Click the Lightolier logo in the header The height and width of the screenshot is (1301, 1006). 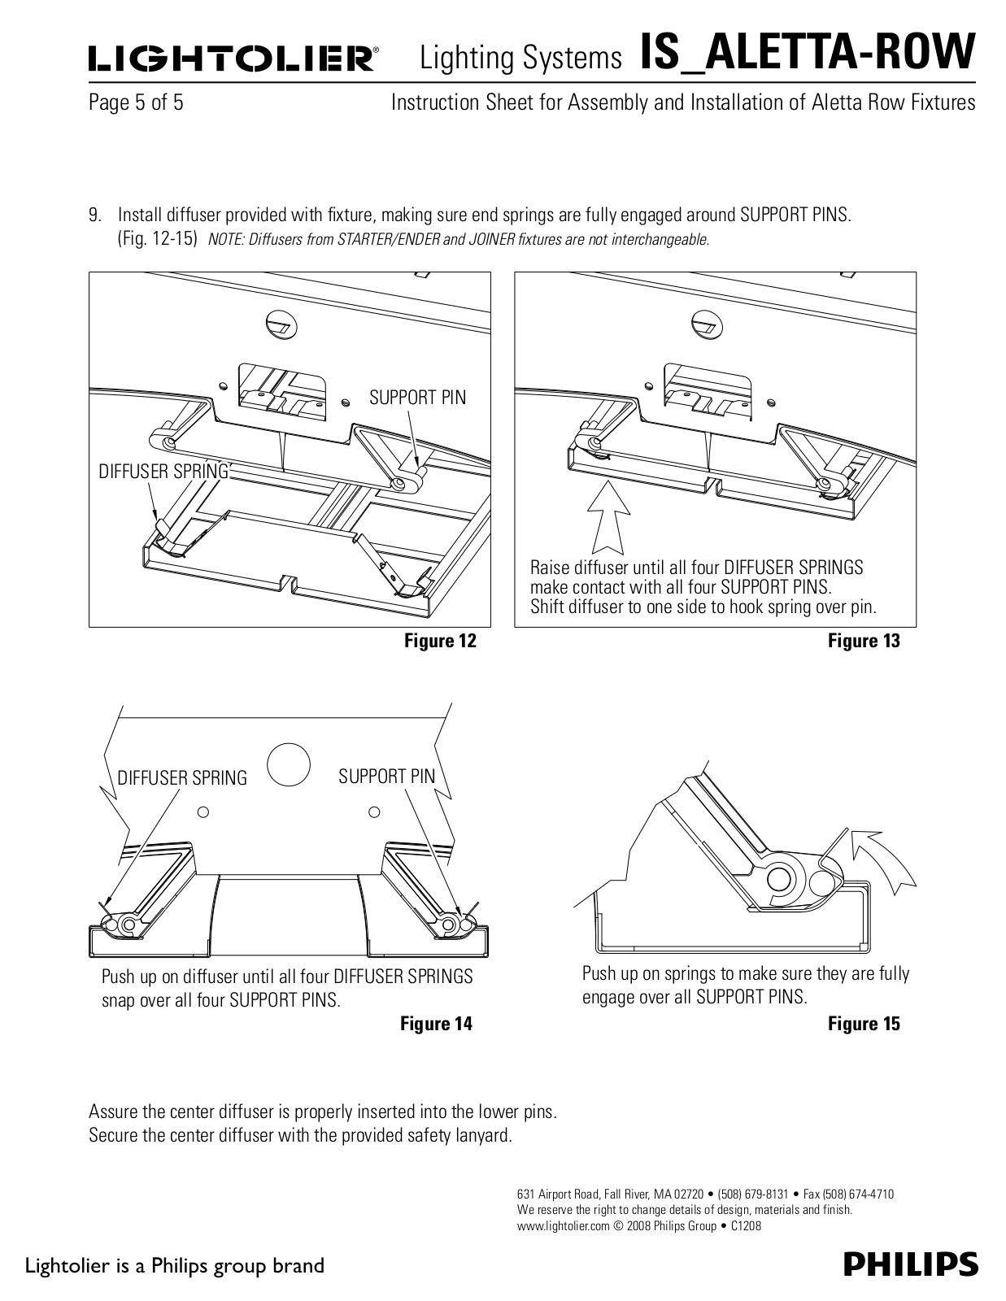pyautogui.click(x=233, y=60)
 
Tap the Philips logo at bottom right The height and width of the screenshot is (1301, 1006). pyautogui.click(x=910, y=1264)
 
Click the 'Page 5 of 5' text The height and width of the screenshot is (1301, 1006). pyautogui.click(x=136, y=103)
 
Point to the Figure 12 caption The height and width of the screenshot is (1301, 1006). pyautogui.click(x=440, y=641)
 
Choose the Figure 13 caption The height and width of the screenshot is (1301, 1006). pyautogui.click(x=864, y=641)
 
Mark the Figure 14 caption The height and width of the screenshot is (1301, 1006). pyautogui.click(x=436, y=1024)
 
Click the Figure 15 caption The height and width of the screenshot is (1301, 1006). pyautogui.click(x=864, y=1024)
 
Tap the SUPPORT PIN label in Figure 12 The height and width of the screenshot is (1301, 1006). pyautogui.click(x=418, y=398)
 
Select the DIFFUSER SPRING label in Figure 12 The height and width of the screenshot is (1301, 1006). pyautogui.click(x=163, y=472)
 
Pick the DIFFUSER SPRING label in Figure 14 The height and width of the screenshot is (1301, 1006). pyautogui.click(x=182, y=778)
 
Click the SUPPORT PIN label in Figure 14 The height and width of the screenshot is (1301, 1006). pyautogui.click(x=387, y=777)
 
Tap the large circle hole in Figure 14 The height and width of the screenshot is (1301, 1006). pyautogui.click(x=289, y=764)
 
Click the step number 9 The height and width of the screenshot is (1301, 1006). pyautogui.click(x=95, y=215)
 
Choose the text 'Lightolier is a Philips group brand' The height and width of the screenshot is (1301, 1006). pyautogui.click(x=176, y=1266)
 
